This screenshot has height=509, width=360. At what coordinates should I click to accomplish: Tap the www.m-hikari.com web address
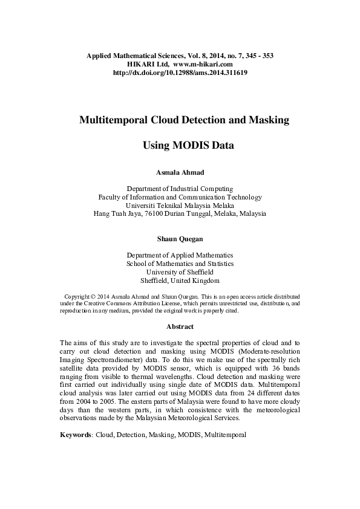[203, 63]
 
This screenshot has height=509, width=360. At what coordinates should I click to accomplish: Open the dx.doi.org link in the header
[180, 72]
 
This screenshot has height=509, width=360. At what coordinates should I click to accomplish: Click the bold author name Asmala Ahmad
[180, 173]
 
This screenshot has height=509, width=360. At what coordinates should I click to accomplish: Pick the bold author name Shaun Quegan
[180, 239]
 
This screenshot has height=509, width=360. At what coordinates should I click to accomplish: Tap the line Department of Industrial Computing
[180, 189]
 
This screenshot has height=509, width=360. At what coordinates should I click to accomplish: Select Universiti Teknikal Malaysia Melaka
[180, 205]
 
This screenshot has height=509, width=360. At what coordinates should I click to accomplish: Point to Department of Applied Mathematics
[180, 255]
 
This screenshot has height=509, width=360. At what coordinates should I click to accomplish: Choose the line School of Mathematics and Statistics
[180, 264]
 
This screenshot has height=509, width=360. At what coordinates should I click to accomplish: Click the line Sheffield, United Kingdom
[180, 280]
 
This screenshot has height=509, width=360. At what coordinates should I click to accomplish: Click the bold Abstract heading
[180, 326]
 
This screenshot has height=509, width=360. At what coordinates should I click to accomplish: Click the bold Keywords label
[76, 435]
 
